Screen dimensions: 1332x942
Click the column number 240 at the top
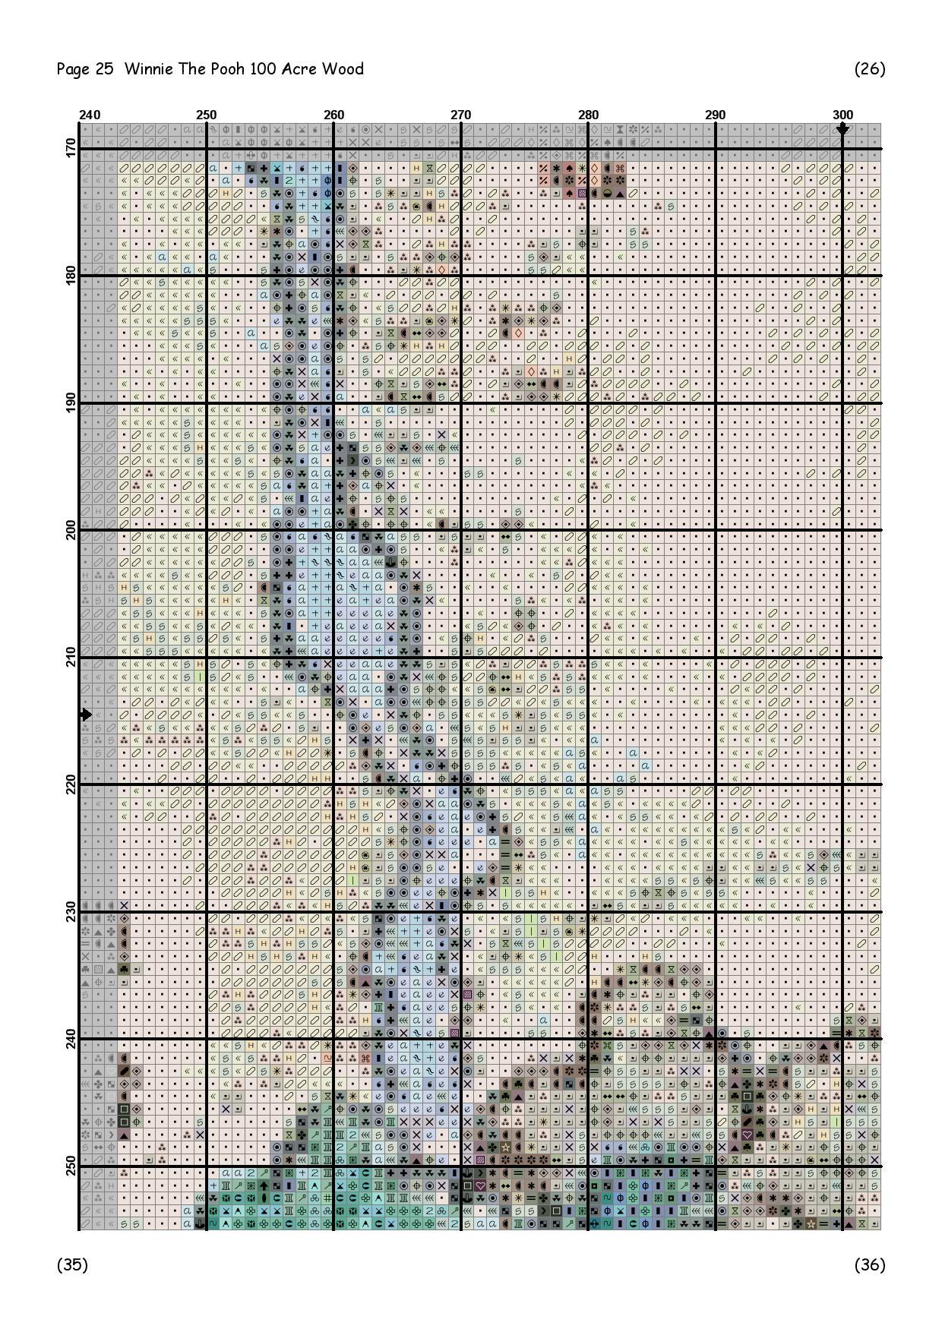click(90, 115)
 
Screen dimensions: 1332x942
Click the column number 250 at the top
click(206, 115)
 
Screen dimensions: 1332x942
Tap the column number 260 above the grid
click(333, 115)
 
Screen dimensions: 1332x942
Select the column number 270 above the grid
click(460, 115)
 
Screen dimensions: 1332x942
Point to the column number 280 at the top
click(588, 115)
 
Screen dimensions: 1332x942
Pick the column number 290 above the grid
click(715, 115)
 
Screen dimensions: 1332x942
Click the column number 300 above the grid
click(842, 115)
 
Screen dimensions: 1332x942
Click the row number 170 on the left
click(71, 148)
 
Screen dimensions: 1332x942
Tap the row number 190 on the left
click(71, 402)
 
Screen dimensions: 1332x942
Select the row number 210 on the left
click(71, 657)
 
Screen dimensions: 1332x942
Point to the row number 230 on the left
click(71, 911)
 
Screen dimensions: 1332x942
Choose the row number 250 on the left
click(71, 1166)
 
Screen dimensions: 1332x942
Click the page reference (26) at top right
click(870, 69)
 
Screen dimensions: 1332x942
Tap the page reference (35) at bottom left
click(72, 1264)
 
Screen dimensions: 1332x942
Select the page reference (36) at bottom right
click(870, 1264)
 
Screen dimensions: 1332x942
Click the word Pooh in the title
click(229, 69)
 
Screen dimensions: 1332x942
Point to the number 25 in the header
click(104, 69)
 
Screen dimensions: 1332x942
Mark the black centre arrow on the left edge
click(85, 715)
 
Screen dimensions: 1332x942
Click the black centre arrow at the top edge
click(842, 130)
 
